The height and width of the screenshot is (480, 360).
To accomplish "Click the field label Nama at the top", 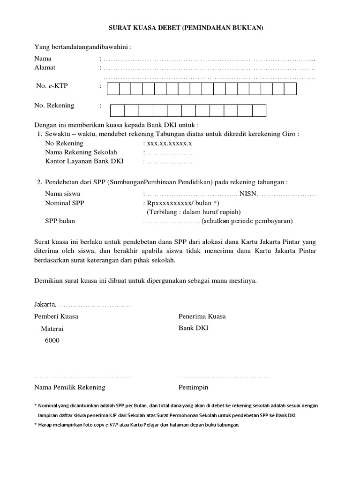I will pyautogui.click(x=43, y=59).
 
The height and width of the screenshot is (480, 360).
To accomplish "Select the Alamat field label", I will pyautogui.click(x=45, y=67).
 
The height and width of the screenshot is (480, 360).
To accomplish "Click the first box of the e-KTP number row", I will pyautogui.click(x=113, y=89).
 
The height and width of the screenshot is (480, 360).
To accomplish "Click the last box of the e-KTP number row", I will pyautogui.click(x=291, y=89).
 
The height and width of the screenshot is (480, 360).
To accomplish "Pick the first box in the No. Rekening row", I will pyautogui.click(x=118, y=111).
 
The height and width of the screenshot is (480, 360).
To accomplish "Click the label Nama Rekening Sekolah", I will pyautogui.click(x=81, y=152).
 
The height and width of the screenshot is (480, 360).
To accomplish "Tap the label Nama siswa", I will pyautogui.click(x=62, y=193).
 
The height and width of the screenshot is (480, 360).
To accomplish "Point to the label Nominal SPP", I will pyautogui.click(x=65, y=203).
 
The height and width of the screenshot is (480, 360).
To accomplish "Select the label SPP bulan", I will pyautogui.click(x=60, y=221).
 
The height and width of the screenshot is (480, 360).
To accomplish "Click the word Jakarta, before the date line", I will pyautogui.click(x=45, y=305).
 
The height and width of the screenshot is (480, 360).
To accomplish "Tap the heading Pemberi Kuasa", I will pyautogui.click(x=56, y=316).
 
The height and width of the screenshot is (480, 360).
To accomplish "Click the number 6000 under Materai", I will pyautogui.click(x=52, y=340).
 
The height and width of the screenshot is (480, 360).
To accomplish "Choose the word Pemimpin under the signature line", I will pyautogui.click(x=193, y=387).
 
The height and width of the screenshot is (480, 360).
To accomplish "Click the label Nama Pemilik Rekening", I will pyautogui.click(x=70, y=387).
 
